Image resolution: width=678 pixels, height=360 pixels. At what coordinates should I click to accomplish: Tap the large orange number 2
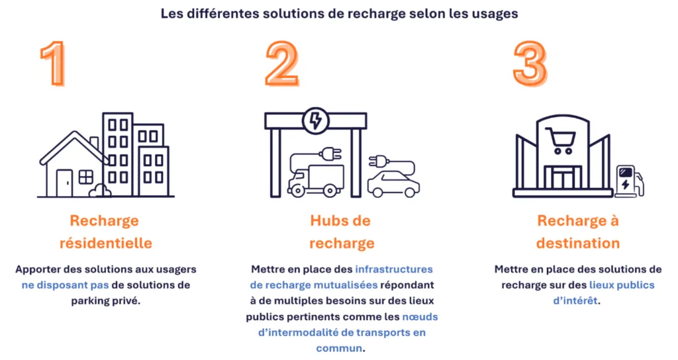(x=282, y=64)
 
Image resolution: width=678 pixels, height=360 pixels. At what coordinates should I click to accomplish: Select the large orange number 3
(x=530, y=64)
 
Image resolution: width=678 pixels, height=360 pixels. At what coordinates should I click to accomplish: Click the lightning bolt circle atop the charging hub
(x=316, y=120)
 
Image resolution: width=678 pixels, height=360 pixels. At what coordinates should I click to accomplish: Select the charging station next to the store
(x=629, y=181)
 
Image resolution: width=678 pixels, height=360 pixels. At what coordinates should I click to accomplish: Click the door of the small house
(x=65, y=183)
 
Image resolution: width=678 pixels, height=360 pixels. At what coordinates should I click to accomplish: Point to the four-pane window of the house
(x=85, y=177)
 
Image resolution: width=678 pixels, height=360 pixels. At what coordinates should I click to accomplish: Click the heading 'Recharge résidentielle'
(x=105, y=232)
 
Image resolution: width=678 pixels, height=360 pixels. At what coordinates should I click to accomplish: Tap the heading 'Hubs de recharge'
(x=341, y=232)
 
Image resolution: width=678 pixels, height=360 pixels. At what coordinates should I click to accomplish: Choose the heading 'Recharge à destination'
(x=577, y=232)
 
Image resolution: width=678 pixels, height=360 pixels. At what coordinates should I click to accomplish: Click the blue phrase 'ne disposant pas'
(x=65, y=285)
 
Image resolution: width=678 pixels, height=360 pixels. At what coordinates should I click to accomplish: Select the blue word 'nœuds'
(x=420, y=317)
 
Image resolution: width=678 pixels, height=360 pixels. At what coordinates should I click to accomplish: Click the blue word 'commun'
(x=339, y=348)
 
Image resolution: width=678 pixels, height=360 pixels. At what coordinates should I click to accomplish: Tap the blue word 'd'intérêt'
(x=575, y=300)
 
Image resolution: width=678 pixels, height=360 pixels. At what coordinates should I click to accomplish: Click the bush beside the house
(x=100, y=191)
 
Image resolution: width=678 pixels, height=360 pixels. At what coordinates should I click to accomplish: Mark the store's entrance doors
(x=563, y=178)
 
